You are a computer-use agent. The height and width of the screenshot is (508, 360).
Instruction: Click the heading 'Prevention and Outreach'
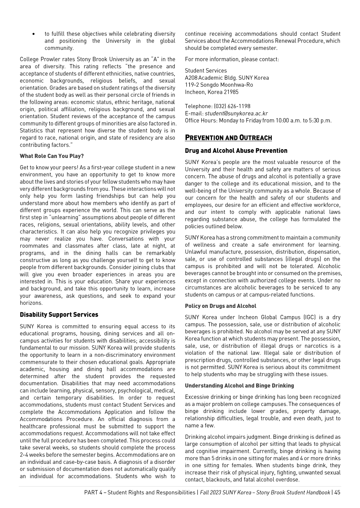(228, 138)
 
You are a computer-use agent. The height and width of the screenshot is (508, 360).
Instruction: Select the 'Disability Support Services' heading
(59, 315)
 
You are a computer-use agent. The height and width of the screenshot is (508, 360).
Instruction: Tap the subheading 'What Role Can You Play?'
(52, 156)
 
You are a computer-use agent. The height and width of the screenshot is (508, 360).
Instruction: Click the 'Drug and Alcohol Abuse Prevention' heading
(236, 151)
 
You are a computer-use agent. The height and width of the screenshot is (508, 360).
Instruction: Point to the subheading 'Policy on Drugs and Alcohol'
(220, 306)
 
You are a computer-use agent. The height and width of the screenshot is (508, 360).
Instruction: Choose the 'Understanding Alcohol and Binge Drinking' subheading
(239, 386)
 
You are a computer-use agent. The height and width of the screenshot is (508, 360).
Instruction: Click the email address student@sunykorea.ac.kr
(236, 113)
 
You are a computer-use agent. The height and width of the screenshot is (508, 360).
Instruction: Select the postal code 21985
(231, 92)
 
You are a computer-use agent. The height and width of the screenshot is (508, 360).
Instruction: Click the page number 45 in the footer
(337, 492)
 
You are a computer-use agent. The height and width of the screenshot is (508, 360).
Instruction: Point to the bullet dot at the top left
(34, 34)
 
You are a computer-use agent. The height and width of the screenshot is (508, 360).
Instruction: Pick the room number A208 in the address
(191, 78)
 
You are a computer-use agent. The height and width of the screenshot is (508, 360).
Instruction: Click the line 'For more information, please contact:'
(232, 59)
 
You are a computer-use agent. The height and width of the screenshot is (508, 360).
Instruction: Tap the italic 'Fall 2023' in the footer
(210, 492)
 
